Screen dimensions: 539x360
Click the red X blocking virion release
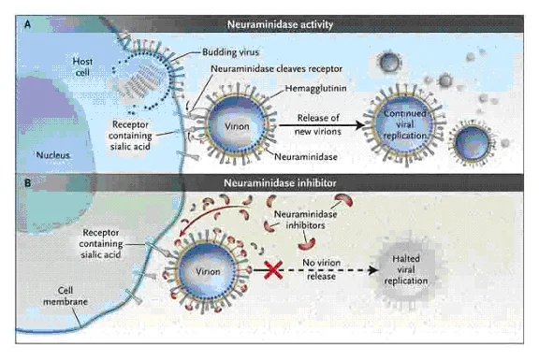(273, 270)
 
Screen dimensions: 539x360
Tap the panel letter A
(27, 24)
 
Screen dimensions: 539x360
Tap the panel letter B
(27, 182)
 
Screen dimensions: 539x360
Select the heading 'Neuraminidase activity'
(280, 24)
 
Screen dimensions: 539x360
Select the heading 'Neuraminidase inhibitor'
(280, 182)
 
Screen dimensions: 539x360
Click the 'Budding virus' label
(230, 52)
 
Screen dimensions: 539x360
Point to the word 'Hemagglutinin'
(315, 88)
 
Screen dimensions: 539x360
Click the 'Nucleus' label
(53, 155)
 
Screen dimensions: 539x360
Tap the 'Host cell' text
(82, 67)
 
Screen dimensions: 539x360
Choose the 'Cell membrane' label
(66, 295)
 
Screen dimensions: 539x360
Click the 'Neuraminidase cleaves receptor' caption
(276, 68)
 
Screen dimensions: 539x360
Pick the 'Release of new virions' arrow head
(360, 125)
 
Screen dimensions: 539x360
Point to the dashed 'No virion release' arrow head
(373, 270)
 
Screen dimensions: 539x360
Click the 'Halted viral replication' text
(406, 269)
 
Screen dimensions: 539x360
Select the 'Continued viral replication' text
(405, 124)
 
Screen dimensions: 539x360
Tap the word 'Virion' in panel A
(237, 126)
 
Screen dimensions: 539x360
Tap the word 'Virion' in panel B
(208, 272)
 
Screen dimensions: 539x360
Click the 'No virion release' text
(321, 269)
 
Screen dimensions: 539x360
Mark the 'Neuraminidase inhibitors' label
(306, 220)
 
